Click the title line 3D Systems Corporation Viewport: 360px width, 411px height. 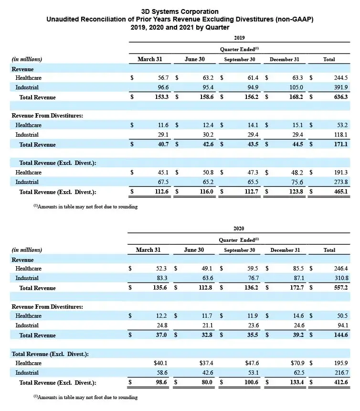click(x=180, y=11)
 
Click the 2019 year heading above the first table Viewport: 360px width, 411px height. click(x=240, y=37)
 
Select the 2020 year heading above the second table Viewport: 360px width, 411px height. click(x=240, y=229)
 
